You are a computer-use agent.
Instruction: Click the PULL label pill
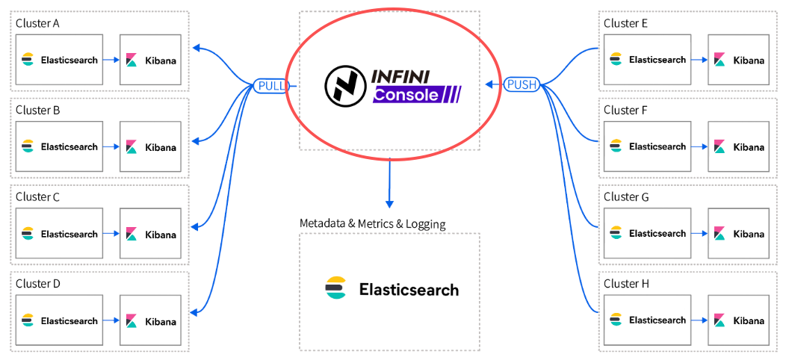pyautogui.click(x=270, y=86)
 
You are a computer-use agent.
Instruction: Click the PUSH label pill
pyautogui.click(x=522, y=84)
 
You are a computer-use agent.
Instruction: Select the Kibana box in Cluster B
pyautogui.click(x=150, y=146)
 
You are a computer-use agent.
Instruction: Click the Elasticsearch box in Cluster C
pyautogui.click(x=59, y=234)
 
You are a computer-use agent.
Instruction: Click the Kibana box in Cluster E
pyautogui.click(x=738, y=60)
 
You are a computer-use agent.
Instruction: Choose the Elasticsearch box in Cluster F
pyautogui.click(x=647, y=146)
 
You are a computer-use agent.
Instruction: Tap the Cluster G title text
pyautogui.click(x=626, y=197)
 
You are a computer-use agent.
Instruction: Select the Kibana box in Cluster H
pyautogui.click(x=738, y=320)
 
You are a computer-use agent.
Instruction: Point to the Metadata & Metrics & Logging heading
pyautogui.click(x=372, y=223)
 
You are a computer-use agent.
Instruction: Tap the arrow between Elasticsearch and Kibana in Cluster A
pyautogui.click(x=111, y=60)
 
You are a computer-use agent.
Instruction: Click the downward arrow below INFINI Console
pyautogui.click(x=389, y=182)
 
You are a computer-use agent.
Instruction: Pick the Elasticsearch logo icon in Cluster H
pyautogui.click(x=616, y=320)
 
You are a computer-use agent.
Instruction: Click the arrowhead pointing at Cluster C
pyautogui.click(x=196, y=226)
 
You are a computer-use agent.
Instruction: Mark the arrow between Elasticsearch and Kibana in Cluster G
pyautogui.click(x=699, y=234)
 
